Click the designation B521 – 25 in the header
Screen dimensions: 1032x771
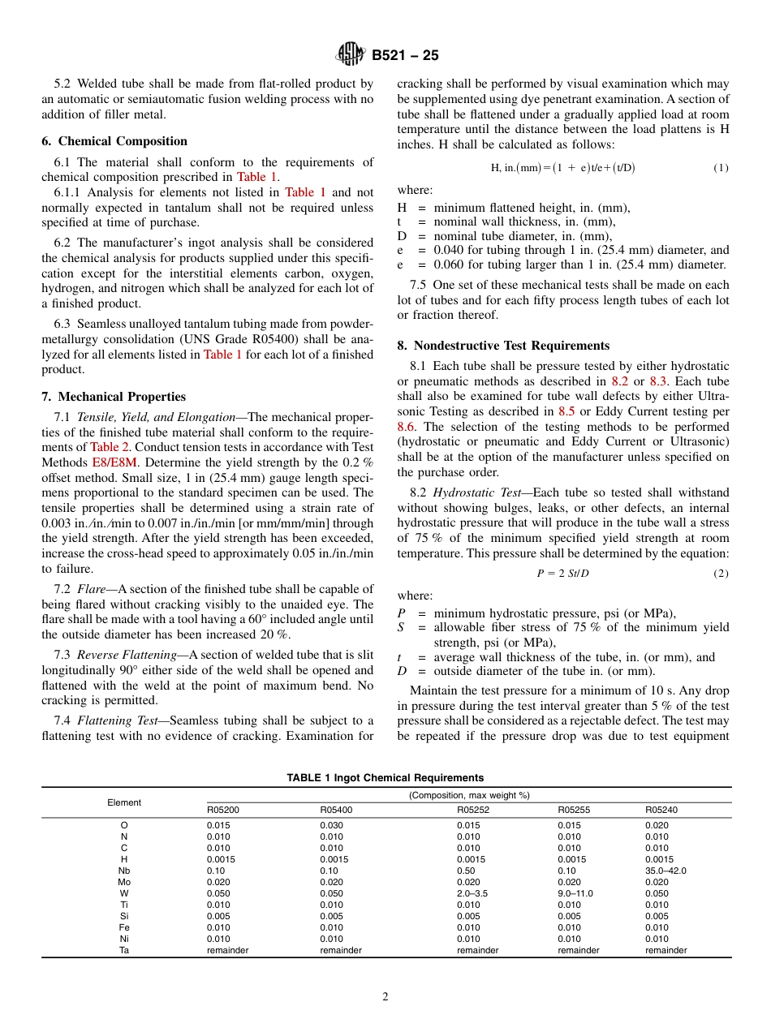click(405, 55)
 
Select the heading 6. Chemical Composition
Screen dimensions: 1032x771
click(114, 141)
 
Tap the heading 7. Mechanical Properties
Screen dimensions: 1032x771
click(114, 397)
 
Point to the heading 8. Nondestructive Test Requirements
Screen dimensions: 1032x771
click(503, 346)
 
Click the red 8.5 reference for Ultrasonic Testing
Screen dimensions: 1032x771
click(566, 411)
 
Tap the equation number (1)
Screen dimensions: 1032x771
click(721, 168)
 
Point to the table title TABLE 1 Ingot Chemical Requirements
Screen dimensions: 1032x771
click(385, 778)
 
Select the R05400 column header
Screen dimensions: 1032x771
click(336, 810)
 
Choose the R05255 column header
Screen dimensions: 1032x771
click(574, 810)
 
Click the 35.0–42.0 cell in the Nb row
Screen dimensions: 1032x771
click(665, 871)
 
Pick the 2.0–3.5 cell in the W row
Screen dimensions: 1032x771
click(472, 893)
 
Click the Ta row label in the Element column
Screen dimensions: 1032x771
click(124, 950)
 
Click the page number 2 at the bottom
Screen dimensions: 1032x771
click(385, 997)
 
